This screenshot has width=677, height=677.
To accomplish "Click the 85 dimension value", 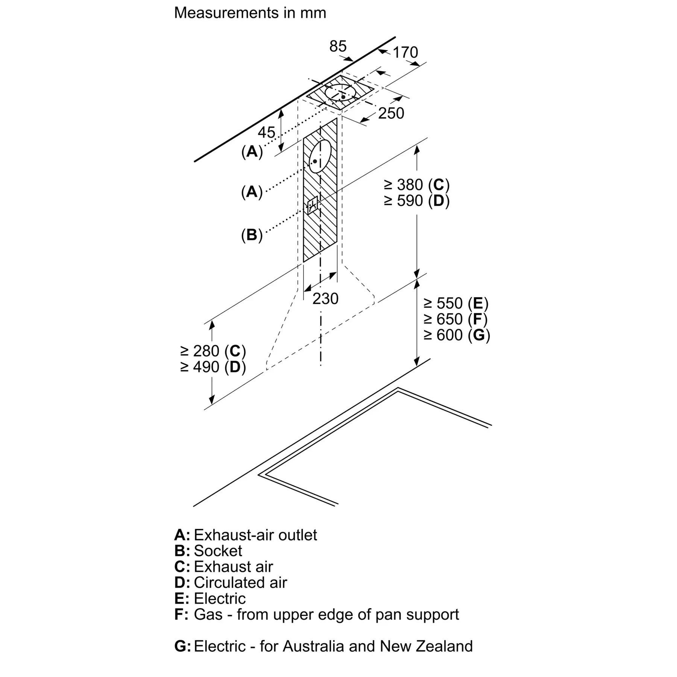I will (337, 46).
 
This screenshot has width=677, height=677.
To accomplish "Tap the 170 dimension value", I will (405, 52).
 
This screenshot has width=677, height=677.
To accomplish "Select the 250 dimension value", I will (391, 113).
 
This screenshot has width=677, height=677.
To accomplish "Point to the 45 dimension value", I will (266, 132).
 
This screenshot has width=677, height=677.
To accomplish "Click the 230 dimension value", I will (325, 299).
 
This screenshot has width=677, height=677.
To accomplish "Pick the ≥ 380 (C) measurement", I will (416, 185).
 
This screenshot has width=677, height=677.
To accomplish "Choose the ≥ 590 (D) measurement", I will (416, 201).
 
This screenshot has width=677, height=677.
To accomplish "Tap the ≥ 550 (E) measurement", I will (456, 303).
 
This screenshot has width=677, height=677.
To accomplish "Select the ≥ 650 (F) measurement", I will (456, 319).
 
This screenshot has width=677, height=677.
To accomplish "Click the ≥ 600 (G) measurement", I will (457, 335).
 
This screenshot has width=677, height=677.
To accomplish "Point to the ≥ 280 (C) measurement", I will (213, 351).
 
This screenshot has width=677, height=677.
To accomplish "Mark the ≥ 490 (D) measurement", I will (213, 367).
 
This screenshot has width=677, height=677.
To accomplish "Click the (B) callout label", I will (252, 235).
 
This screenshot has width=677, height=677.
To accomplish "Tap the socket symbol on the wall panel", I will (313, 205).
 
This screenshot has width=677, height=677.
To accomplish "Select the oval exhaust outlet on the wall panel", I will (320, 156).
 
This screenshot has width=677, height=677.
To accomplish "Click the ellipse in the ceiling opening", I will (340, 92).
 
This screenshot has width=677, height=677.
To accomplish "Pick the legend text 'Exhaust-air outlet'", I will (255, 535).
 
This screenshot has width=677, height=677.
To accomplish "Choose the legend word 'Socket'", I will (218, 551).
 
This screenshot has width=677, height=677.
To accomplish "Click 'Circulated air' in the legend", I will (240, 583).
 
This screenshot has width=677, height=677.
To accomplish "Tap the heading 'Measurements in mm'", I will (250, 13).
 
